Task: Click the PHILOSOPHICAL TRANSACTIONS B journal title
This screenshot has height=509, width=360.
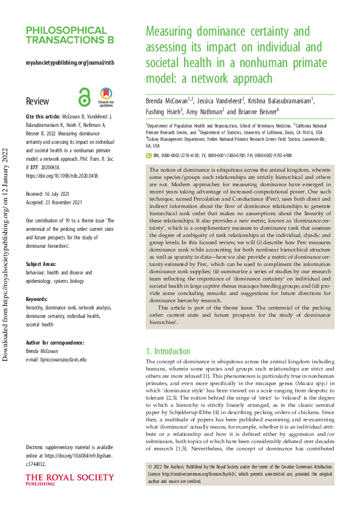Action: pyautogui.click(x=70, y=36)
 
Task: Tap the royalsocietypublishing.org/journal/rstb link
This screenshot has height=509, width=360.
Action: pyautogui.click(x=70, y=62)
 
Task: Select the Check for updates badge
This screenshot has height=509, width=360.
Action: pyautogui.click(x=106, y=96)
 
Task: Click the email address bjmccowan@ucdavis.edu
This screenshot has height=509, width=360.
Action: pyautogui.click(x=61, y=359)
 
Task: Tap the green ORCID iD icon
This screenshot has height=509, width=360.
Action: pyautogui.click(x=149, y=155)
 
